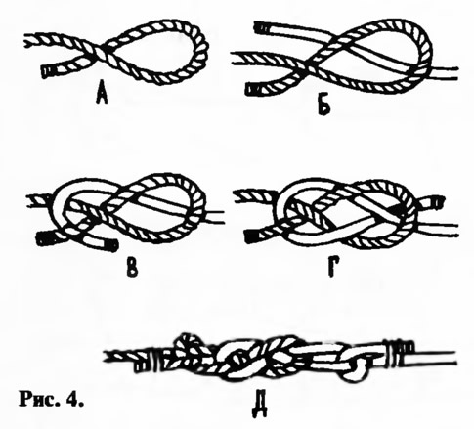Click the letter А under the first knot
102,95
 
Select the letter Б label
323,107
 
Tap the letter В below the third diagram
131,270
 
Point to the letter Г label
332,270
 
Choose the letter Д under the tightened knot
259,407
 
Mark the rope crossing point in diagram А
98,51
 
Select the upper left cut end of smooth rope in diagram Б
261,27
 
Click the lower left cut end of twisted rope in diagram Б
252,89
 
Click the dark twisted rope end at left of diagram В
43,238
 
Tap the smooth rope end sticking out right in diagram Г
436,202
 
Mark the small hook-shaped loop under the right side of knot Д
355,368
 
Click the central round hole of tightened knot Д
238,361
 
